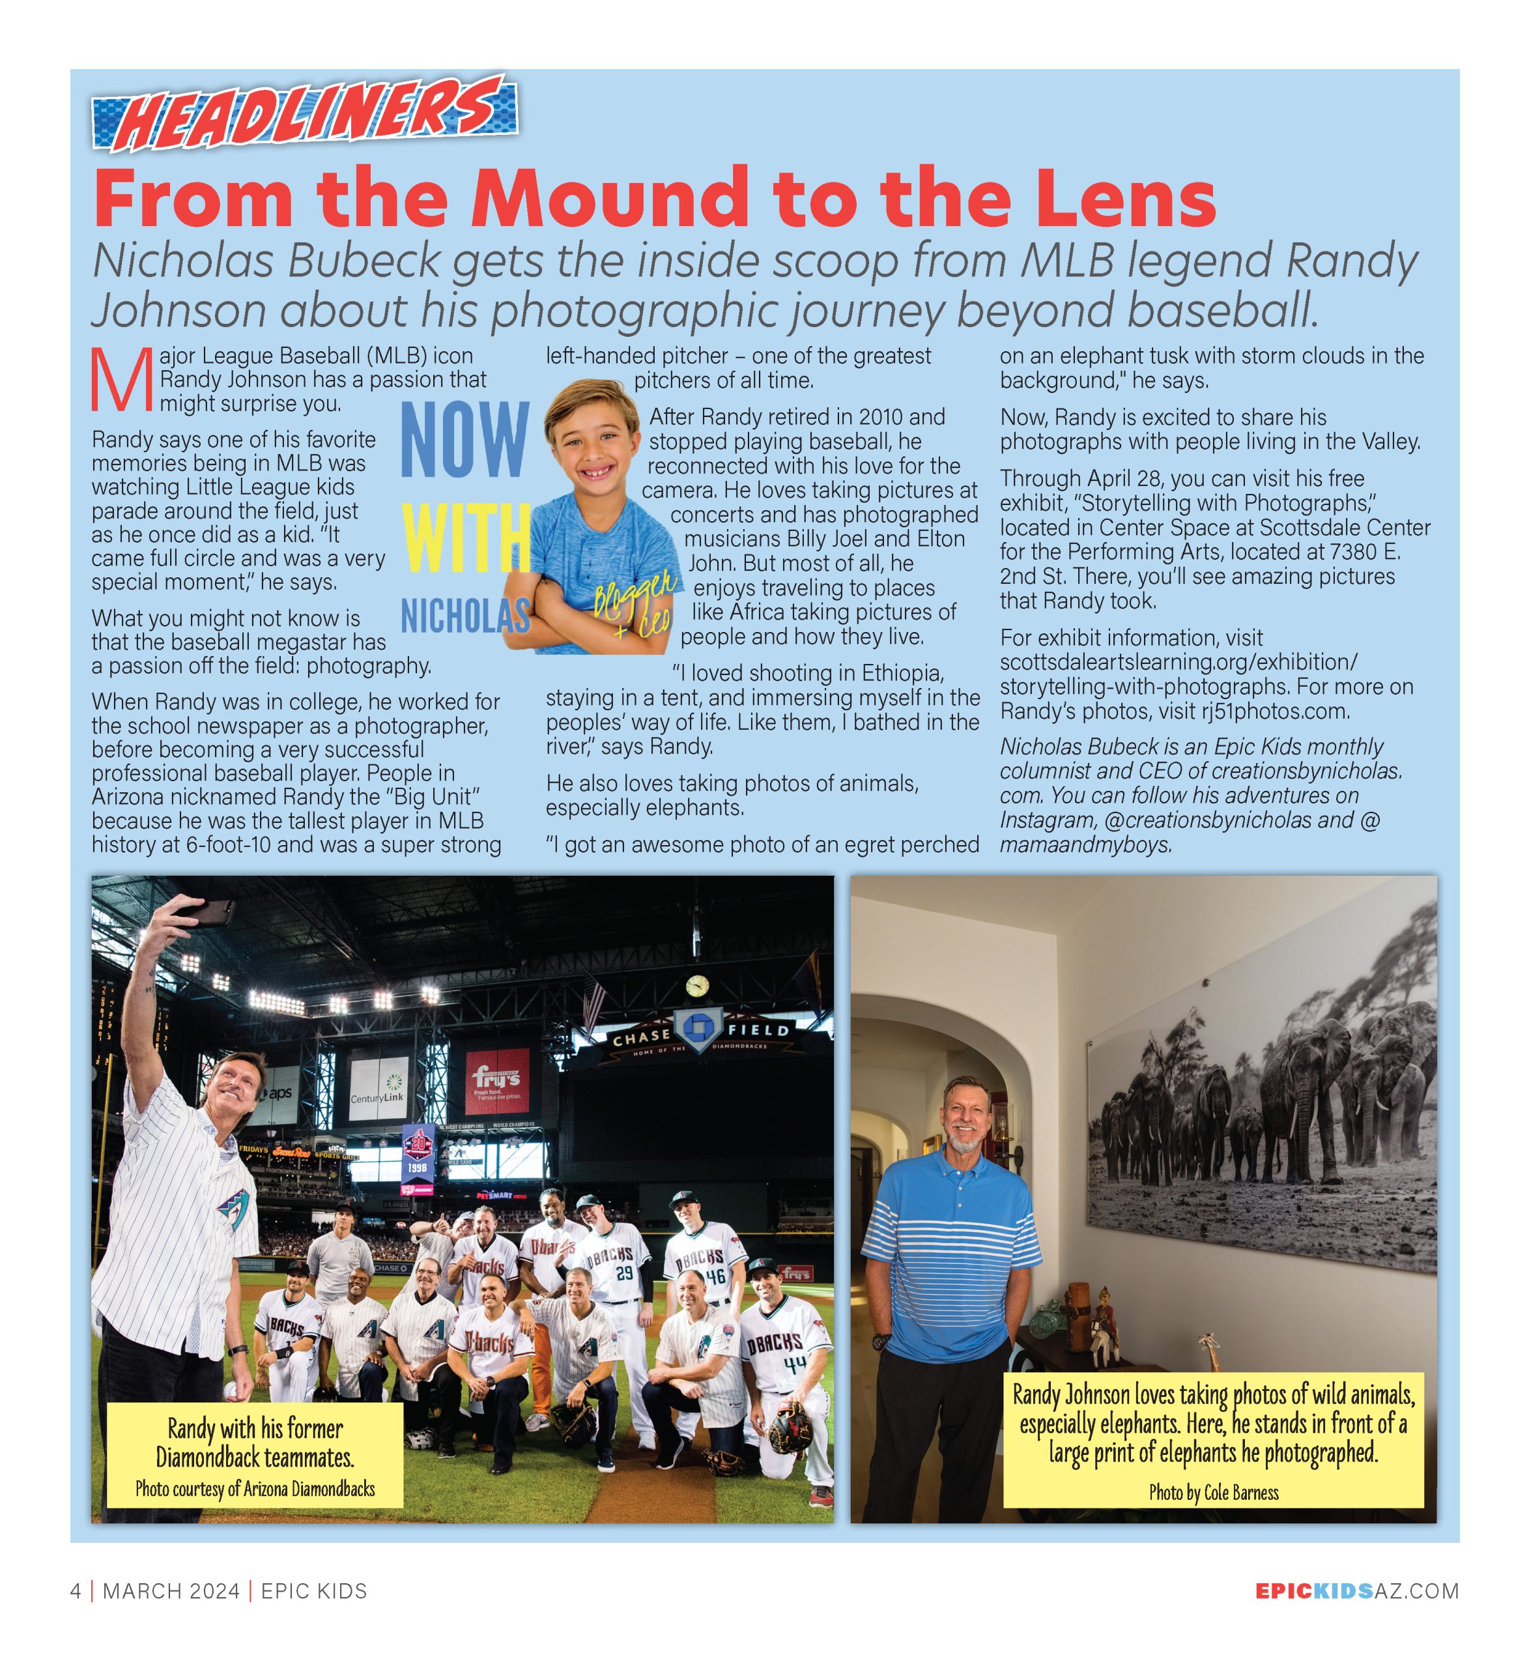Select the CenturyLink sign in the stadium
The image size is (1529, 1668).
pos(378,1087)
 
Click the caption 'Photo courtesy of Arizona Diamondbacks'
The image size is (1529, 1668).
pos(255,1489)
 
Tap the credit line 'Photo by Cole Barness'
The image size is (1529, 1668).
pos(1213,1493)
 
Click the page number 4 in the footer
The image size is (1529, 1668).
pos(76,1591)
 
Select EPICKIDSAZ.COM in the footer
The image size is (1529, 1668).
pos(1356,1591)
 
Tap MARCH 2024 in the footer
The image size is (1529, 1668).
pos(171,1591)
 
